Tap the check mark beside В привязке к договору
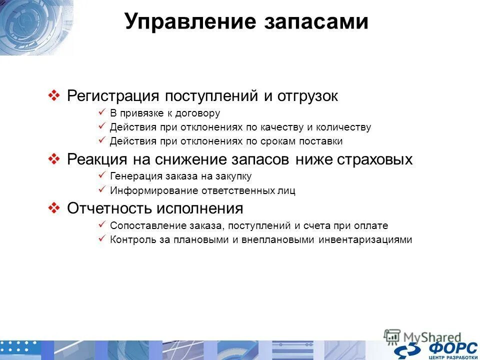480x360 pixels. [x=101, y=112]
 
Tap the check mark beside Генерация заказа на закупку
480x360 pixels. [x=101, y=175]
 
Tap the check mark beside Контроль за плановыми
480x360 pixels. [x=101, y=239]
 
